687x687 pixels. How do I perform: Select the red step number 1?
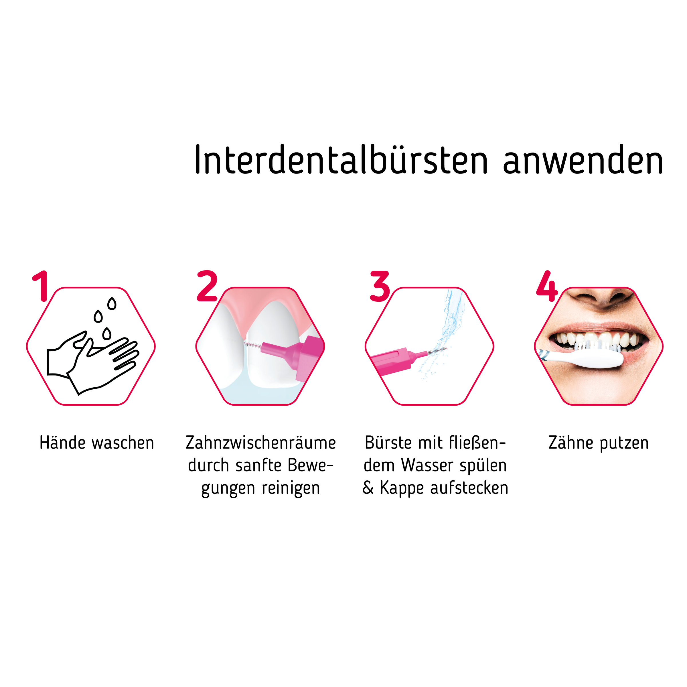click(x=41, y=286)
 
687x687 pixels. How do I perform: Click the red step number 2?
click(x=207, y=286)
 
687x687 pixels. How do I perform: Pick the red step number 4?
click(x=547, y=286)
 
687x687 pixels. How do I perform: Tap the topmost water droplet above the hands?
click(x=112, y=303)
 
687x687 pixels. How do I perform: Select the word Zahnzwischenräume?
click(x=261, y=443)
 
